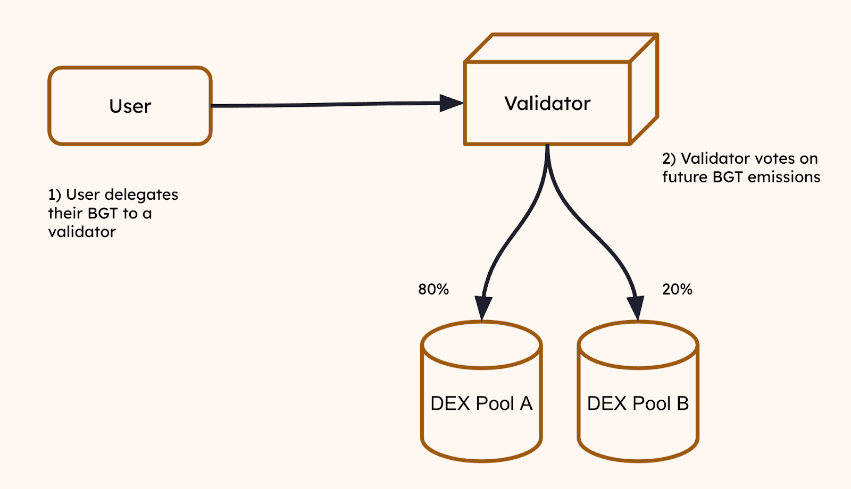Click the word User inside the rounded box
point(130,106)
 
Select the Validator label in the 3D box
point(547,104)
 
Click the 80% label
point(433,289)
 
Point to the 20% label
point(677,289)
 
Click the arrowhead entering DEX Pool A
point(483,308)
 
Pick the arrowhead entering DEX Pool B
point(636,308)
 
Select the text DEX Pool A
point(481,403)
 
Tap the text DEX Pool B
point(638,403)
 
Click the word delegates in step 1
point(141,195)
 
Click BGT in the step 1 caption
point(102,213)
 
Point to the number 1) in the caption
point(55,195)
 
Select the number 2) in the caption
point(669,159)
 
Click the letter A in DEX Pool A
point(526,403)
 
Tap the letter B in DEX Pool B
point(682,403)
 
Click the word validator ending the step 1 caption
point(82,232)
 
